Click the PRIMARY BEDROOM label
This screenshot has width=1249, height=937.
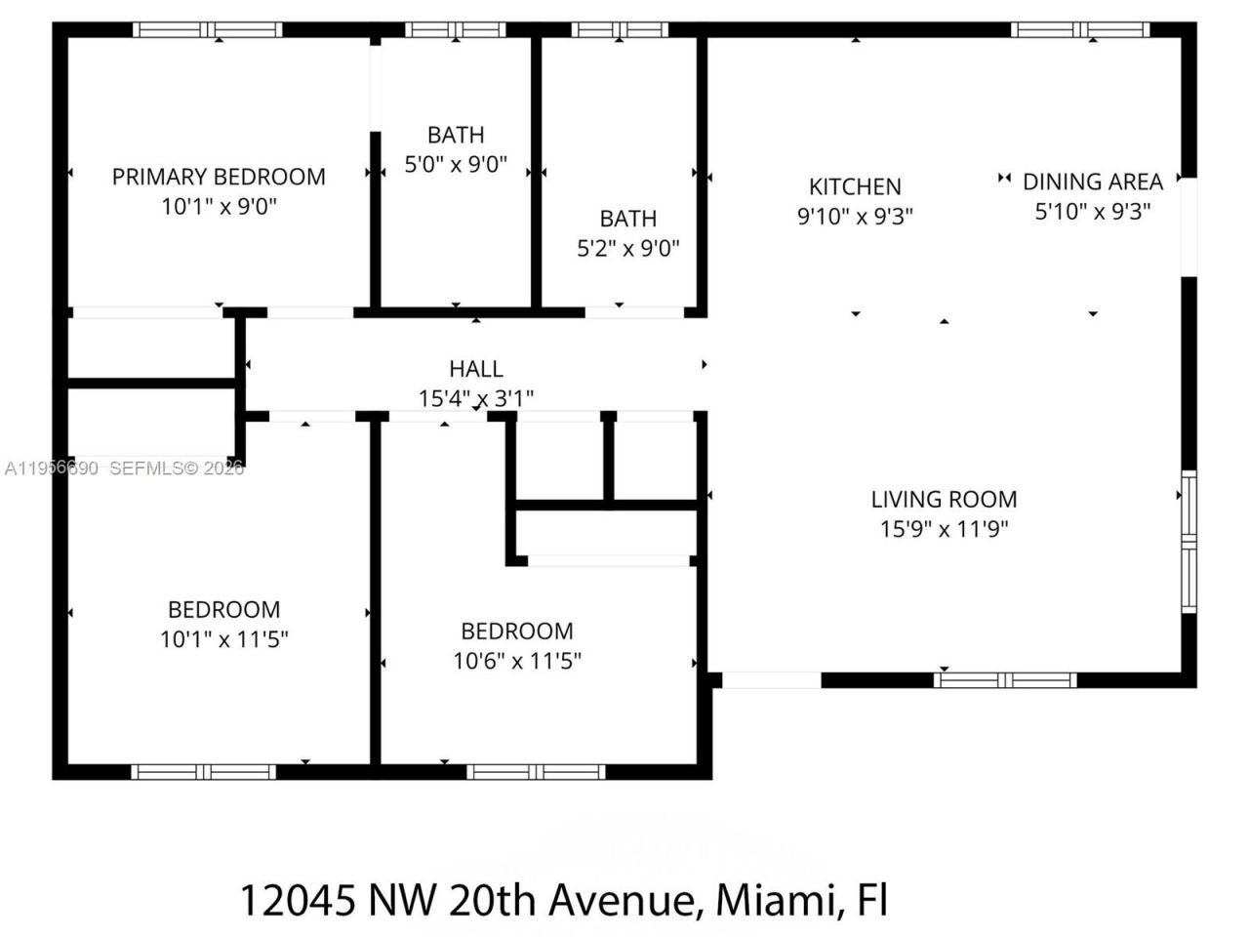click(x=219, y=177)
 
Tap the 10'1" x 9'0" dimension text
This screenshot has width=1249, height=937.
click(x=219, y=207)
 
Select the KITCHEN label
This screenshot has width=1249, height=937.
click(x=855, y=186)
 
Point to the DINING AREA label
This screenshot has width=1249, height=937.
click(x=1092, y=182)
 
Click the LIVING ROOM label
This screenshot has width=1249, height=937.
click(x=944, y=499)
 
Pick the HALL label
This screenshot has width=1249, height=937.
click(x=476, y=369)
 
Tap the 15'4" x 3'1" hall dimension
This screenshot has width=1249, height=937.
click(x=476, y=398)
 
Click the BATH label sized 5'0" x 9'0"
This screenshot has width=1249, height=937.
click(x=456, y=135)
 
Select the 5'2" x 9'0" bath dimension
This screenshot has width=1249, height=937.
click(x=627, y=249)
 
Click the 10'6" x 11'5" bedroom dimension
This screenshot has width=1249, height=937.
click(x=517, y=661)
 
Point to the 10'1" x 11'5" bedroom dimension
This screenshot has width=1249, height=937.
click(x=223, y=639)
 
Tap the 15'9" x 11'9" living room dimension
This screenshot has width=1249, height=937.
click(x=944, y=529)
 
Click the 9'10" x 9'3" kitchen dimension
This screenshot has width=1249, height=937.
click(x=855, y=216)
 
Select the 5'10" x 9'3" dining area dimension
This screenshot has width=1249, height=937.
click(x=1092, y=211)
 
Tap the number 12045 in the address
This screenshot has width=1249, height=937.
click(x=298, y=899)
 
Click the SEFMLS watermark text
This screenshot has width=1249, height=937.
click(x=146, y=468)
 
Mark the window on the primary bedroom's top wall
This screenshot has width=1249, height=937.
click(x=207, y=29)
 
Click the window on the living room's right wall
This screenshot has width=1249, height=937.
click(x=1189, y=542)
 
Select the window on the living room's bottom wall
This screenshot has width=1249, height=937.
click(x=1005, y=680)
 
